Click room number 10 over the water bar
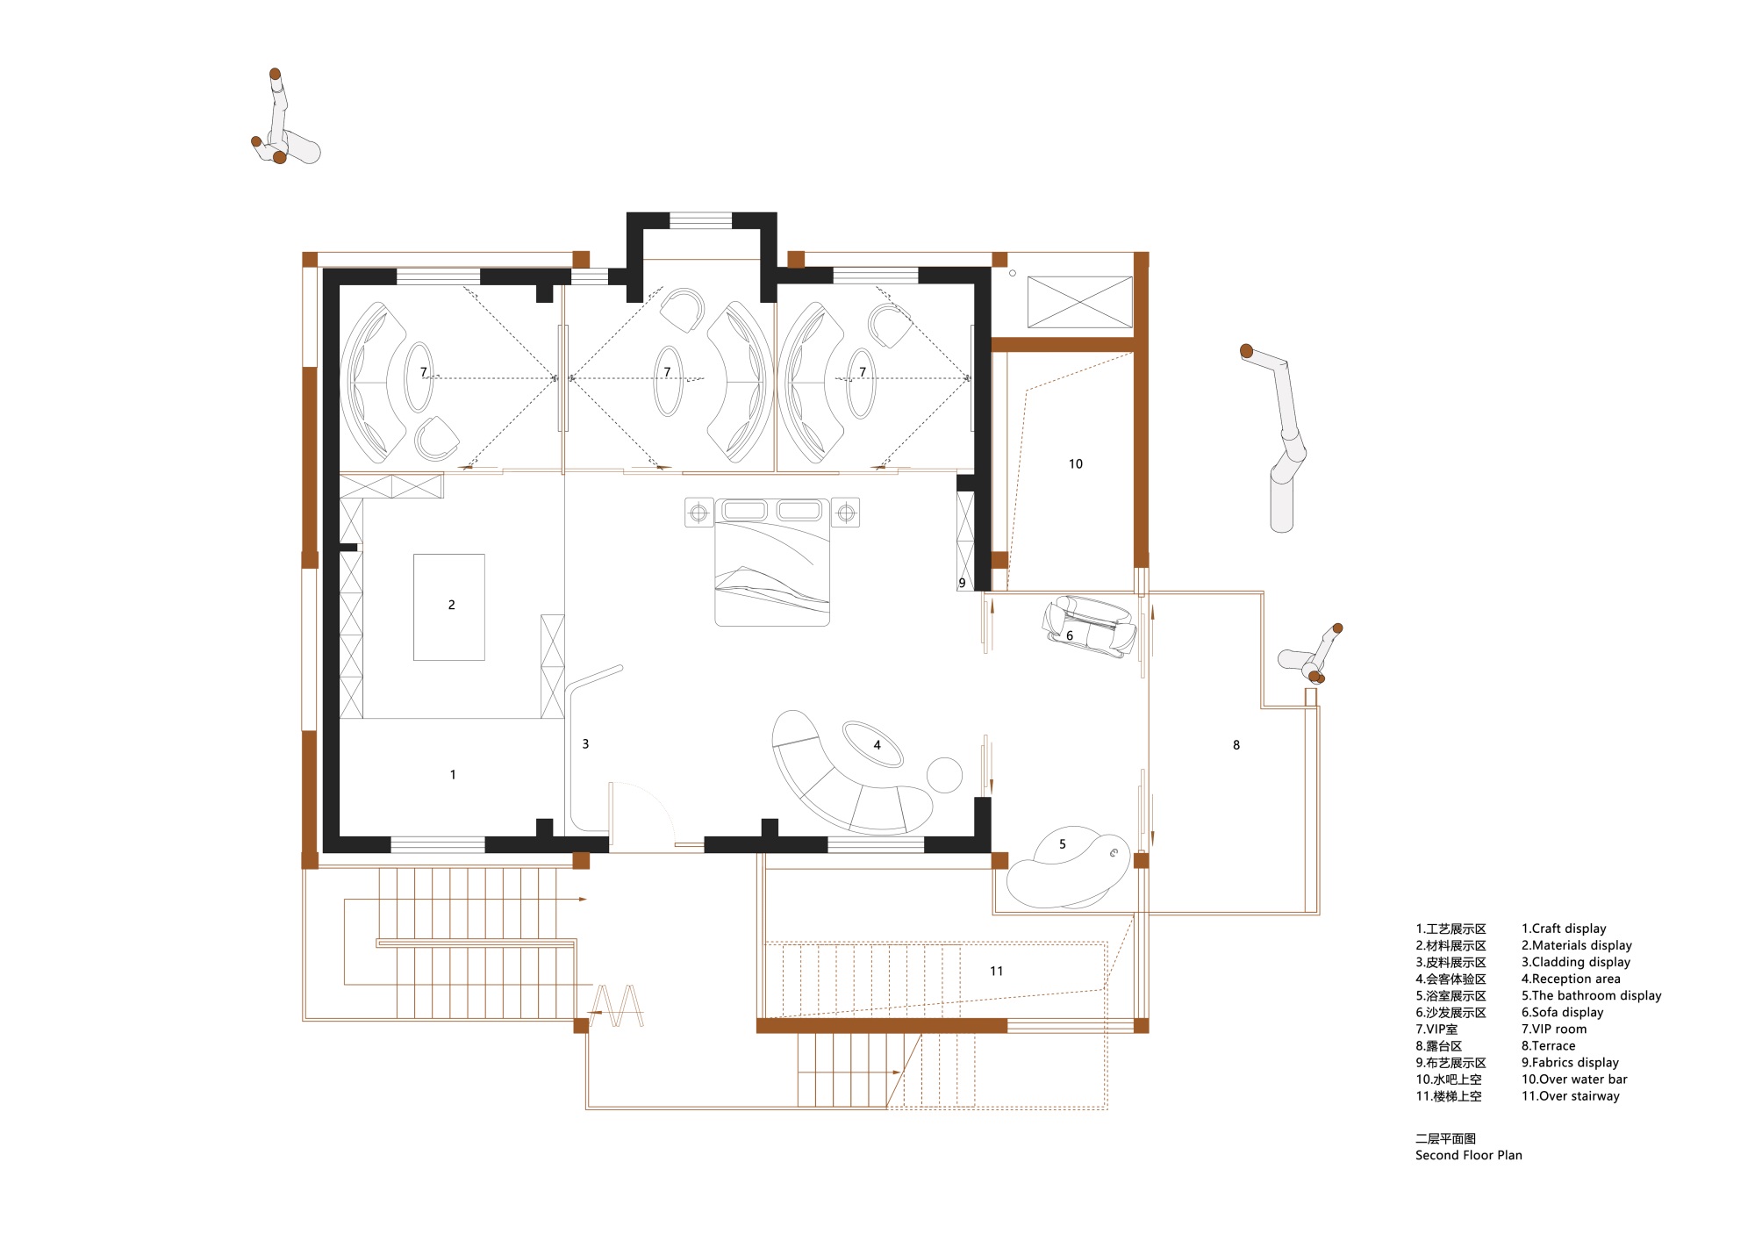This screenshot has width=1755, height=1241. tap(1076, 464)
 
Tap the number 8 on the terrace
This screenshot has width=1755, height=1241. tap(1236, 745)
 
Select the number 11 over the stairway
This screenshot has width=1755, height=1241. tap(996, 971)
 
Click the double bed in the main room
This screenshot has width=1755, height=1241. tap(772, 562)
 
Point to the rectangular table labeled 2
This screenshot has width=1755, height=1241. tap(449, 606)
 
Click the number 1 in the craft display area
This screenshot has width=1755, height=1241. tap(453, 775)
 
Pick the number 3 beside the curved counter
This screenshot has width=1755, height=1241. tap(585, 744)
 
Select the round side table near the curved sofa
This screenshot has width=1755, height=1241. tap(944, 774)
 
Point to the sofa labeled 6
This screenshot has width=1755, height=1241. tap(1089, 626)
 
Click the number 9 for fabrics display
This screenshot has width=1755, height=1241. tap(962, 583)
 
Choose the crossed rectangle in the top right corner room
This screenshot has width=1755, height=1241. tap(1080, 302)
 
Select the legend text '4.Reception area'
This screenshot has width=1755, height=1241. tap(1571, 979)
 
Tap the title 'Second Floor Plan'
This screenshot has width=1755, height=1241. tap(1469, 1155)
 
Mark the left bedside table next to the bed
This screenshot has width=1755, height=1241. tap(698, 513)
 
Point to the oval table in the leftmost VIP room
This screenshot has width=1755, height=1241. tap(419, 377)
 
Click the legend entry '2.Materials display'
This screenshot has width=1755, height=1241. tap(1577, 945)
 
